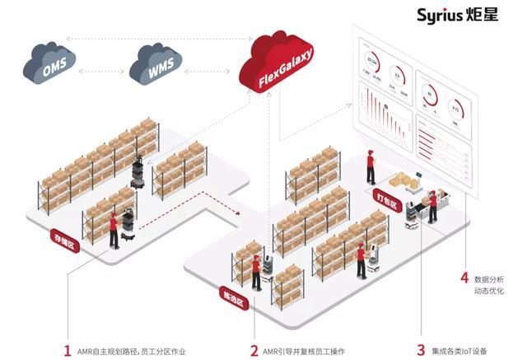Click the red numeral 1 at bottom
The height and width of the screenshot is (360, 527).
click(x=67, y=350)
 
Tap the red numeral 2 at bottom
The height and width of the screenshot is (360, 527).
click(x=254, y=350)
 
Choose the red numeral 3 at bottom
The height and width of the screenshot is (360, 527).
click(x=422, y=350)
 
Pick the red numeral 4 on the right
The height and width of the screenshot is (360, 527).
click(x=464, y=278)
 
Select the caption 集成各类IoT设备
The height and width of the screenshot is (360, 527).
click(x=464, y=350)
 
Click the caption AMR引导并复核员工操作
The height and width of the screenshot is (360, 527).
click(x=308, y=350)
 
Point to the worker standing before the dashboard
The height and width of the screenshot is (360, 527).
click(x=371, y=168)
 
